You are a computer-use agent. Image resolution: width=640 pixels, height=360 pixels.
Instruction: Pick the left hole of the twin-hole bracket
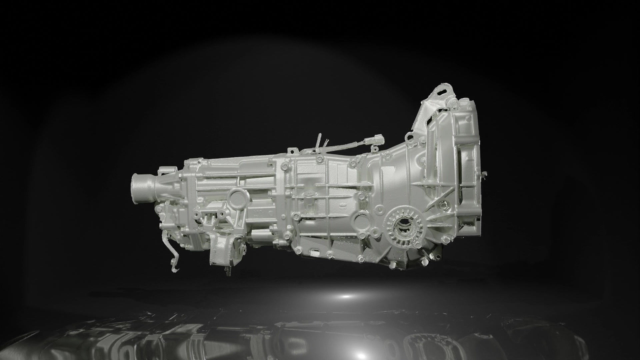pyautogui.click(x=199, y=214)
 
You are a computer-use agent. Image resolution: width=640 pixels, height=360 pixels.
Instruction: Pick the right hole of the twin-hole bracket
pyautogui.click(x=220, y=214)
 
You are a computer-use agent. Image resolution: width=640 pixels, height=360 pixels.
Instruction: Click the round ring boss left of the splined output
pyautogui.click(x=361, y=220)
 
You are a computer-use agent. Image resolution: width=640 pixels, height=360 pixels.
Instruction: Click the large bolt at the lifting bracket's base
pyautogui.click(x=452, y=104)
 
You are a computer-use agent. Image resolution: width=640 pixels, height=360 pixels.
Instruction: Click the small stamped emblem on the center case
pyautogui.click(x=343, y=201)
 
